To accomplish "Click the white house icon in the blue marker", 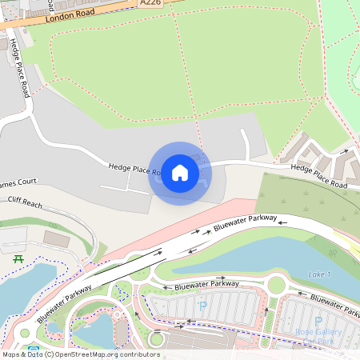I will point(180,173).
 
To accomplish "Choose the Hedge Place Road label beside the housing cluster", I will point(318,177).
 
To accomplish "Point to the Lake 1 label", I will point(319,274).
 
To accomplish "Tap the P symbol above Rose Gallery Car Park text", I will point(318,321).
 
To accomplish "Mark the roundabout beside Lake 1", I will point(278,283).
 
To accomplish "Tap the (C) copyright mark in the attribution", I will point(49,354).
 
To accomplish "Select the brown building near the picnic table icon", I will point(56,238).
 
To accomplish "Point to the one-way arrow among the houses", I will point(342,150).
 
